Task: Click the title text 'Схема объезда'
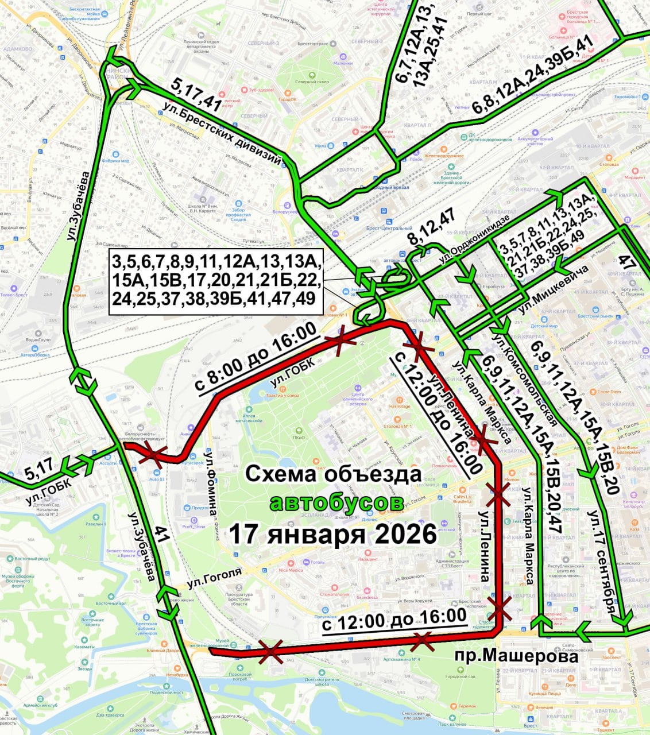tap(333, 474)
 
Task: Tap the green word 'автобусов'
tap(336, 502)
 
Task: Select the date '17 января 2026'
tap(333, 534)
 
